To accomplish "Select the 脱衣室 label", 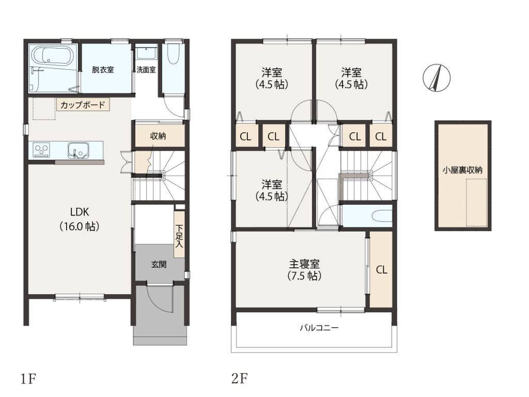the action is point(103,70).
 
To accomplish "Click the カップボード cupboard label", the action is point(83,104).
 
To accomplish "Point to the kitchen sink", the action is point(79,150).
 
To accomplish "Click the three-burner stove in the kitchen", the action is point(42,150).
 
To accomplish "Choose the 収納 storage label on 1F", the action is point(158,136).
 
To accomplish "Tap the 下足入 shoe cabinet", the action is point(179,235).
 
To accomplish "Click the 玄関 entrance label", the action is point(159,264).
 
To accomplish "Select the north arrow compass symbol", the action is point(437,78).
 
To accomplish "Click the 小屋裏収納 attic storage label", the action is point(462,170).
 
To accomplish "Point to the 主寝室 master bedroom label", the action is point(304,264).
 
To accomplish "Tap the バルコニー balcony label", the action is point(319,327).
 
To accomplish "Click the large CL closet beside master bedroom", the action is point(381,269).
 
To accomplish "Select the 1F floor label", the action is point(28,379).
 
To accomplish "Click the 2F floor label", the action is point(239,379).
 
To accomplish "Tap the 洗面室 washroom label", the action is point(146,70).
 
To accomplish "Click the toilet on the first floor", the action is point(173,54).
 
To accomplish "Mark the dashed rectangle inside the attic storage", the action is point(476,203).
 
